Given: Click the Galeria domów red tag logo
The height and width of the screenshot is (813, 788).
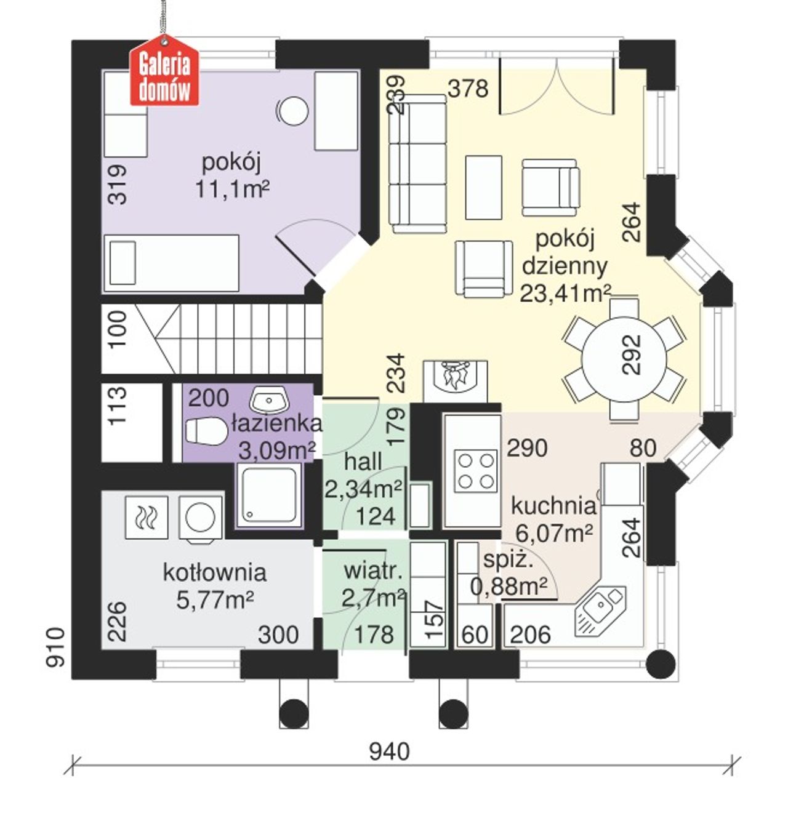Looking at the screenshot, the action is tap(164, 71).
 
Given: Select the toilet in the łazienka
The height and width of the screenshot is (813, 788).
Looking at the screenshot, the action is tap(205, 430).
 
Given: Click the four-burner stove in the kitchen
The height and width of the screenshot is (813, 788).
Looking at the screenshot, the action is tap(476, 471).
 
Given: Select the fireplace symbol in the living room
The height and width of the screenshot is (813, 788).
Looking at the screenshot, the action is tap(455, 381).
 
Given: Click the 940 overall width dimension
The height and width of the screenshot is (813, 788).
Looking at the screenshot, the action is tap(390, 752).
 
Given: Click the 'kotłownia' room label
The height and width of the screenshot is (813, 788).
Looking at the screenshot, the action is tap(214, 573).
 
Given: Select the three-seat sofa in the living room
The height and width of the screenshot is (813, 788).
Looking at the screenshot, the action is tap(418, 163).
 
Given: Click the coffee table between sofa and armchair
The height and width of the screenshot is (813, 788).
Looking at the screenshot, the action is tap(483, 187).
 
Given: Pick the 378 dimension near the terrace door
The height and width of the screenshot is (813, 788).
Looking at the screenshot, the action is tap(467, 89).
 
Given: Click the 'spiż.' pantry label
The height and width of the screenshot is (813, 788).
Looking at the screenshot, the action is tap(508, 560).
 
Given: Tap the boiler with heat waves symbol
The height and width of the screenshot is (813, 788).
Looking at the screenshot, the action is tap(147, 517).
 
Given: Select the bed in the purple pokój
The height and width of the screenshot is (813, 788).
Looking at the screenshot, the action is tap(171, 263).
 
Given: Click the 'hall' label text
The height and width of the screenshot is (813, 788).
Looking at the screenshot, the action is tap(363, 462).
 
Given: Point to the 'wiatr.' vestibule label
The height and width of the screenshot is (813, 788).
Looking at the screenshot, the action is tap(373, 572).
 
